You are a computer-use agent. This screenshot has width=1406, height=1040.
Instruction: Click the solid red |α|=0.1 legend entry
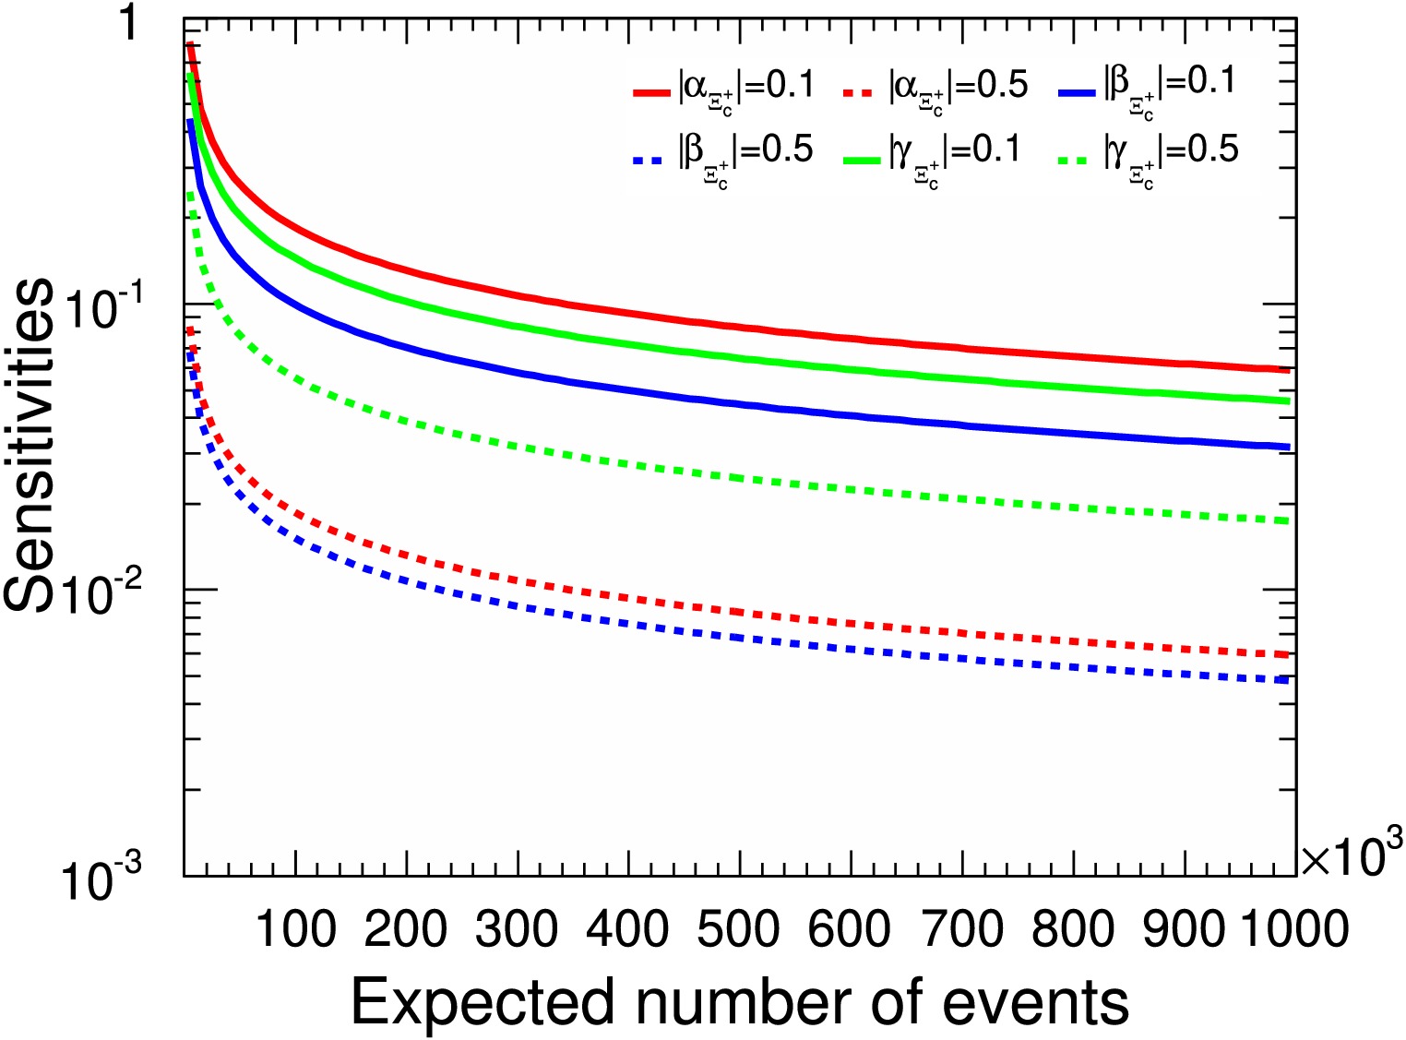point(724,90)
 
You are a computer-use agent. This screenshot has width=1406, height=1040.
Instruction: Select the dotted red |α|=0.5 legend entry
point(935,90)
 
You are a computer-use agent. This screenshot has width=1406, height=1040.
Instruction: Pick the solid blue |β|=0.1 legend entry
point(1149,89)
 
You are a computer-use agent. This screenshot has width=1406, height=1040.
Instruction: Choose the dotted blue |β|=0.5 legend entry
point(724,154)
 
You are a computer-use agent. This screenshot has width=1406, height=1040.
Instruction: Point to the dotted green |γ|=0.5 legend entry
point(1148,154)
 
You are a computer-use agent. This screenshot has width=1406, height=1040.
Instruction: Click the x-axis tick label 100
point(295,927)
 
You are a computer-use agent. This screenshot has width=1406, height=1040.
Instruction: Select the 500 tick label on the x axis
point(739,927)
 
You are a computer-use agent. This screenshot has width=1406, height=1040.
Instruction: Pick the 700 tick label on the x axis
point(961,927)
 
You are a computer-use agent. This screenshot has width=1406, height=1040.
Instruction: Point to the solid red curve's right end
point(1289,370)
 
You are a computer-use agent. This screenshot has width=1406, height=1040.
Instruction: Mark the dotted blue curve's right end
point(1289,681)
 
